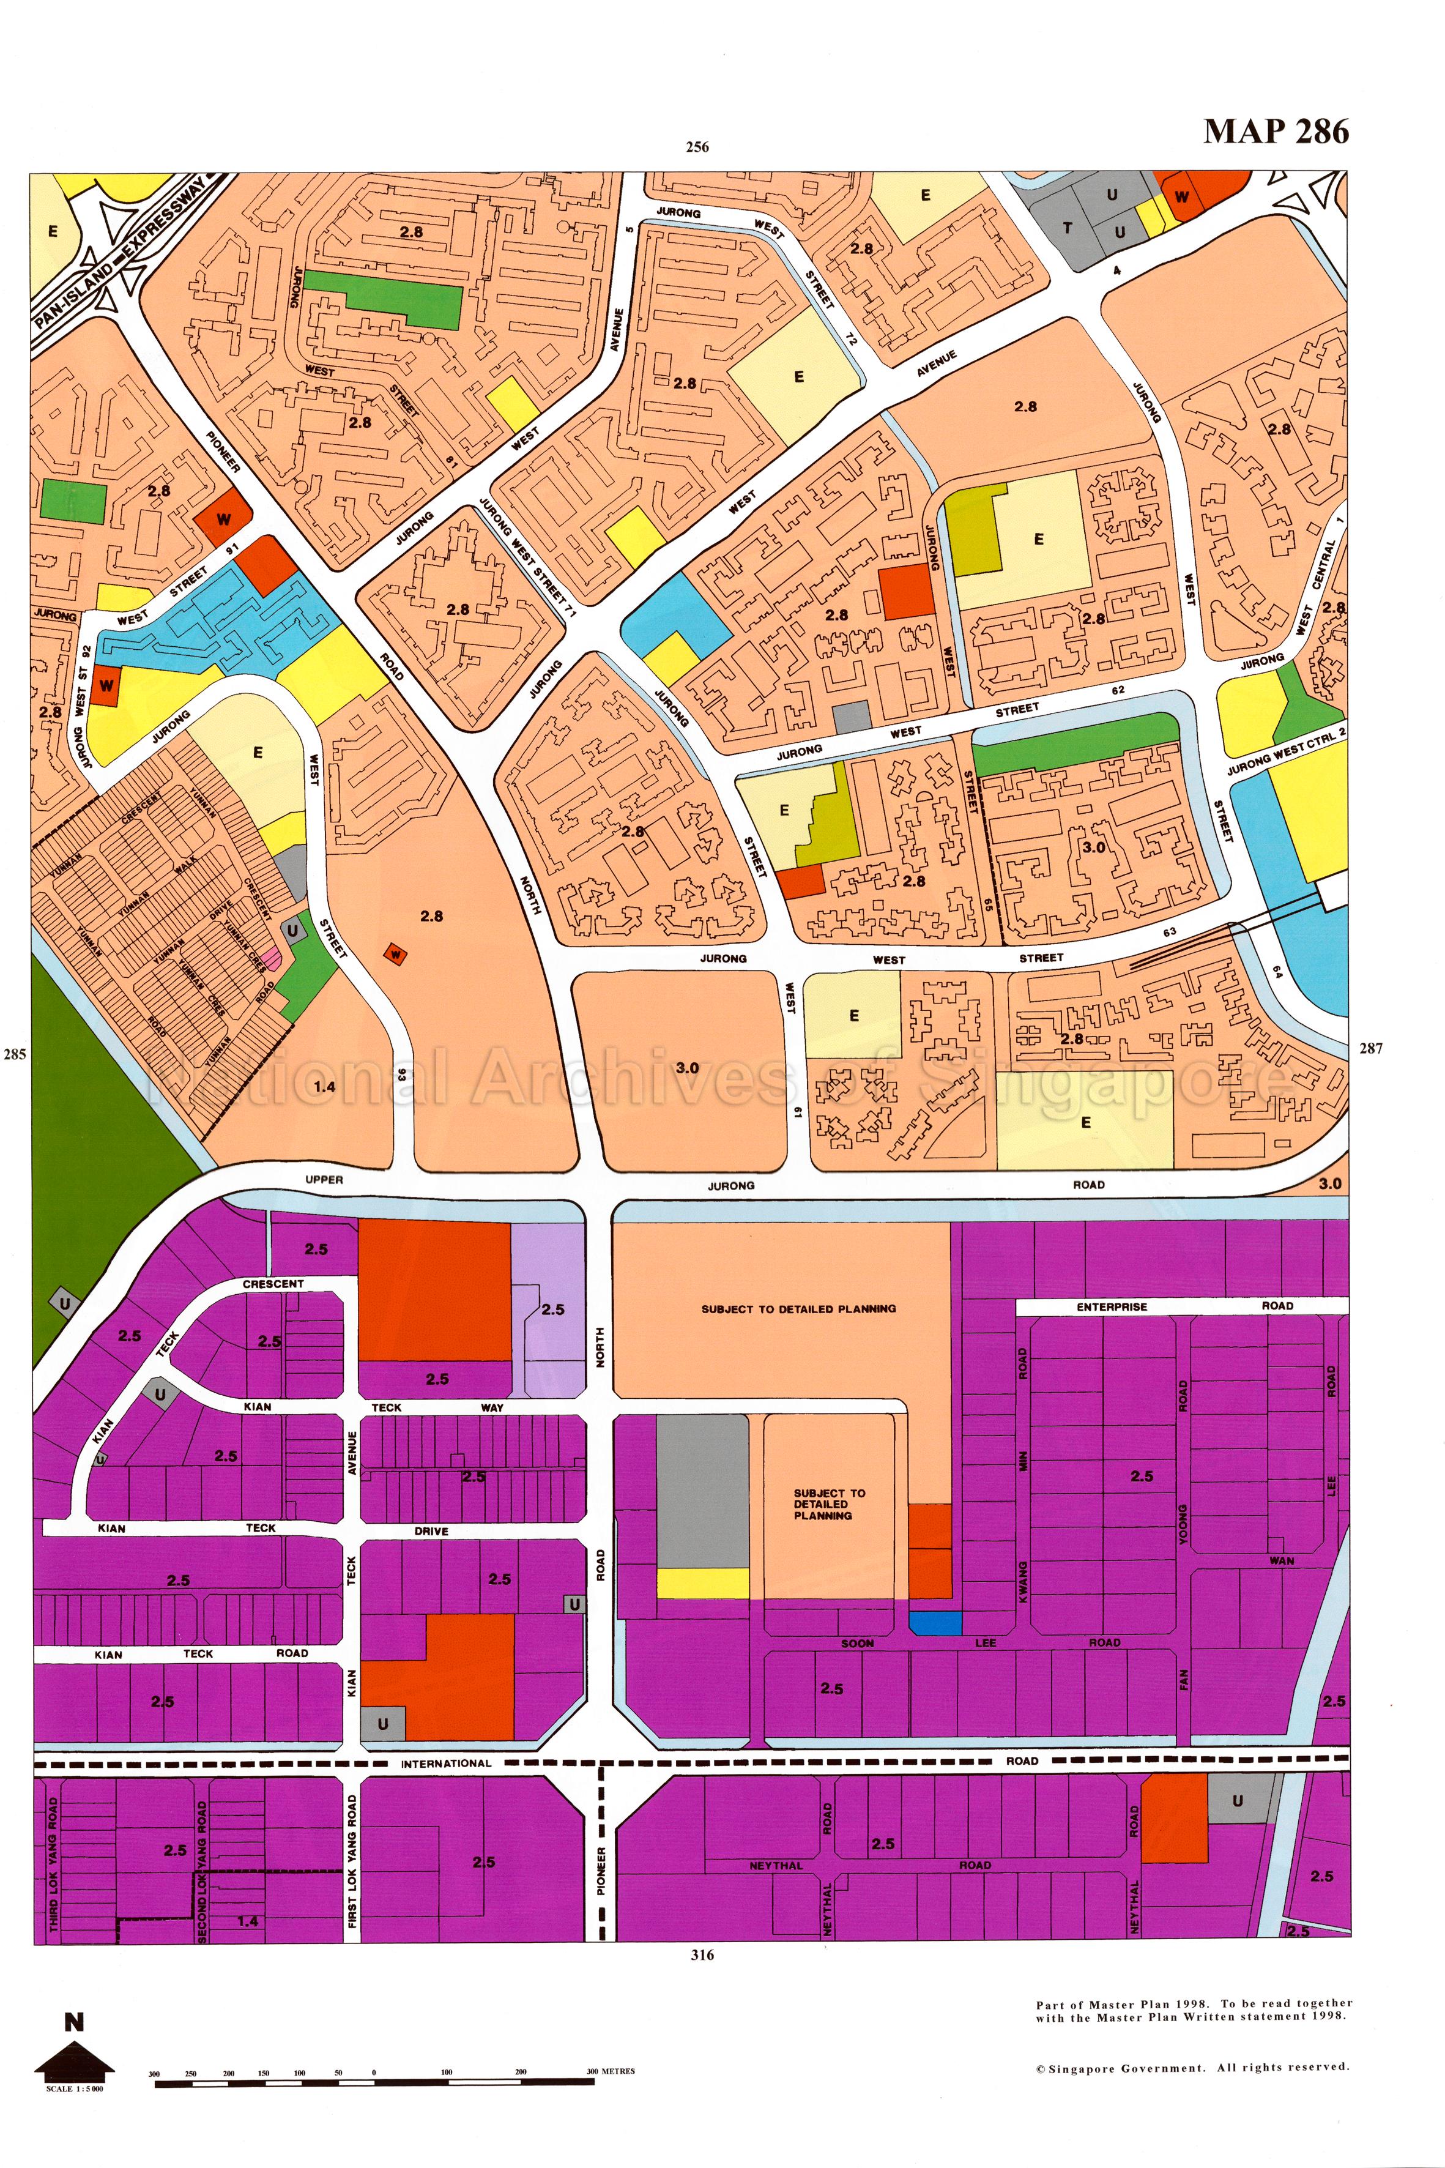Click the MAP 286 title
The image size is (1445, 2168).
1276,132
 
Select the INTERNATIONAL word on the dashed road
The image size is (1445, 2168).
446,1764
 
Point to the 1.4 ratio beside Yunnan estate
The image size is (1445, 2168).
324,1087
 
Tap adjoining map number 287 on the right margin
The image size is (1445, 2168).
1370,1048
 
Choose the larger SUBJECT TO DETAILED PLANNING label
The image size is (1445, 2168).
798,1309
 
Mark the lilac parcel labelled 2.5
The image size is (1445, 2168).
551,1309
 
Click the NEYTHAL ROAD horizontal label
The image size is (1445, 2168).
866,1864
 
